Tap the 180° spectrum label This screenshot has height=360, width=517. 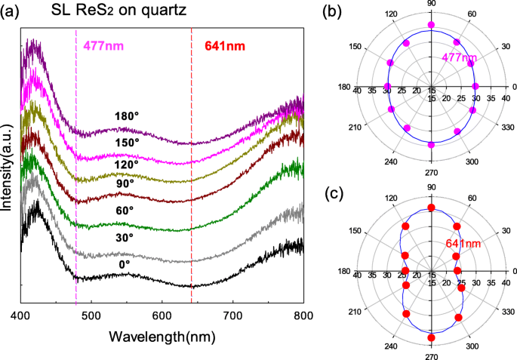coord(128,117)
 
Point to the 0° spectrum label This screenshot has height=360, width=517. coord(125,264)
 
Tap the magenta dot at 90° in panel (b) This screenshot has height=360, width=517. coord(432,26)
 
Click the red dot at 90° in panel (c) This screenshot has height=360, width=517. coord(432,208)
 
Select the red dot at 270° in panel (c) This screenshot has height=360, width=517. coord(432,337)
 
